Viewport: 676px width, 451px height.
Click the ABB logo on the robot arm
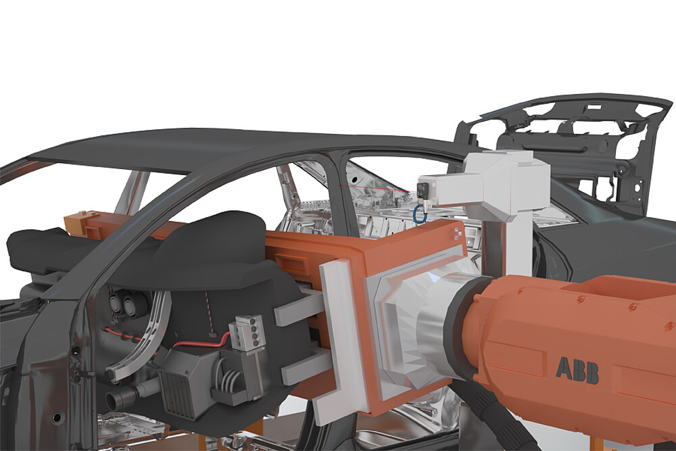click(x=577, y=370)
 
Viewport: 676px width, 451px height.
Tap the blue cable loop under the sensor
click(x=418, y=214)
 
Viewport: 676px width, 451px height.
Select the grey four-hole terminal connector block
click(x=247, y=333)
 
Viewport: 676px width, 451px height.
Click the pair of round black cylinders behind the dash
click(x=123, y=304)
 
